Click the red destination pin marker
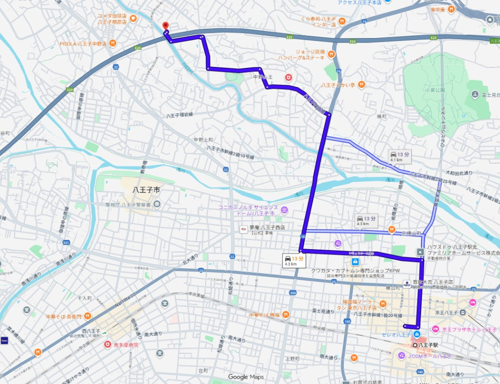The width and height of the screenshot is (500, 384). [x=165, y=26]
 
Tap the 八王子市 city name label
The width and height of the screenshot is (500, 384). [x=146, y=190]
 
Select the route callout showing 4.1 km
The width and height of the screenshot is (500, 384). [x=400, y=157]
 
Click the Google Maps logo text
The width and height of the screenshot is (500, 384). [x=246, y=377]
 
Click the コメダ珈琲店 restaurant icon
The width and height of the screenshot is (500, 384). [x=133, y=19]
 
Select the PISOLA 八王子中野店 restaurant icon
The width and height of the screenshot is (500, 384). [x=113, y=43]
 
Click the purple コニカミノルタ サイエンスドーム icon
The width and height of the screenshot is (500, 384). [x=284, y=210]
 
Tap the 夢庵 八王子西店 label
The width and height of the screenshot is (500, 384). [x=267, y=228]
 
